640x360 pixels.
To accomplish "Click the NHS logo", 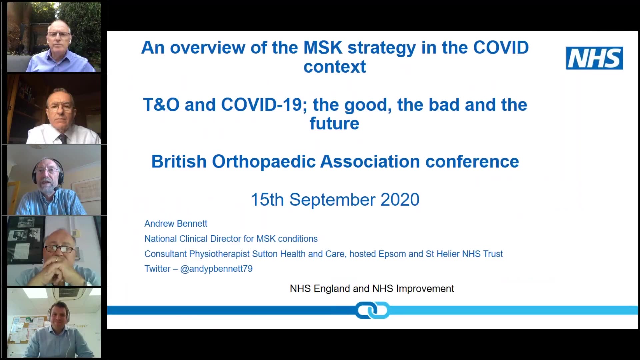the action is (x=594, y=58).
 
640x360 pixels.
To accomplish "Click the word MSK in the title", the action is (x=323, y=48).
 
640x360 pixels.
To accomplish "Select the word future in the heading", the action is (x=334, y=123).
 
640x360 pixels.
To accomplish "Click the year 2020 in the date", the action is (x=400, y=200).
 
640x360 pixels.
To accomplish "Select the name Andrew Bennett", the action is (x=176, y=224).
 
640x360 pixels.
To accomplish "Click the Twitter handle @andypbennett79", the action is (x=216, y=269).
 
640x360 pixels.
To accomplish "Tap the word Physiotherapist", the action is (x=219, y=254).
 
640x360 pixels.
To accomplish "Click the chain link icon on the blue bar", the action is (x=372, y=310).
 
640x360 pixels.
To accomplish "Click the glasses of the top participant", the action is (x=59, y=34).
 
